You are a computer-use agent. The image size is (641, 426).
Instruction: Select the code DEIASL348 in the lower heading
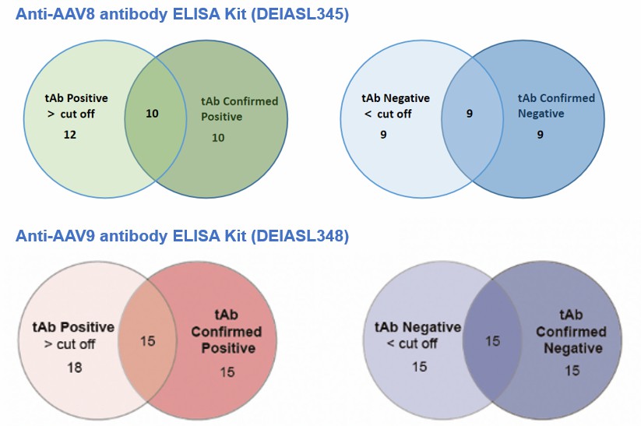click(x=298, y=235)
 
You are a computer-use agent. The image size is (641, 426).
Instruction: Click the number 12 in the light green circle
click(x=69, y=135)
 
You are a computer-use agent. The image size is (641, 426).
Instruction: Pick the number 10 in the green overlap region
click(x=152, y=114)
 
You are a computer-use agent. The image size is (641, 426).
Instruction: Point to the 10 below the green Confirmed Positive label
click(x=218, y=138)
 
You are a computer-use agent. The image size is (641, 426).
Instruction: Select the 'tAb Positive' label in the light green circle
click(x=76, y=98)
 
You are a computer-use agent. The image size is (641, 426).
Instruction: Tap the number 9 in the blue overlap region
click(x=470, y=114)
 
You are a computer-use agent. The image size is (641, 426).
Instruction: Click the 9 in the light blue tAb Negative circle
click(x=383, y=135)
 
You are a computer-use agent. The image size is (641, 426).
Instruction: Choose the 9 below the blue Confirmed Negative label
click(x=540, y=135)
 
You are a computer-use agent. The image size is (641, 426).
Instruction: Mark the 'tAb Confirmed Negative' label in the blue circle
click(x=556, y=105)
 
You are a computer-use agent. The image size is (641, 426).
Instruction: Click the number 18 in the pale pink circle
click(x=75, y=366)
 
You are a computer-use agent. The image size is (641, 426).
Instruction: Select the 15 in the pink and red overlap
click(x=148, y=340)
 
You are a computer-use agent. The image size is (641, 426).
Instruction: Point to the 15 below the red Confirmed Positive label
click(x=227, y=372)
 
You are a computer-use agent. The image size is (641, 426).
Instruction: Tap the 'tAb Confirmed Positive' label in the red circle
click(x=227, y=333)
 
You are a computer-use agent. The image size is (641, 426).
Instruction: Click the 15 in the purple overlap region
click(x=492, y=340)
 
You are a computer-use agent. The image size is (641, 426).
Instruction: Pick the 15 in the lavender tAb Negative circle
click(x=419, y=366)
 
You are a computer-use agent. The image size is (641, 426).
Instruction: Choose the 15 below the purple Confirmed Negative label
click(x=572, y=371)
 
